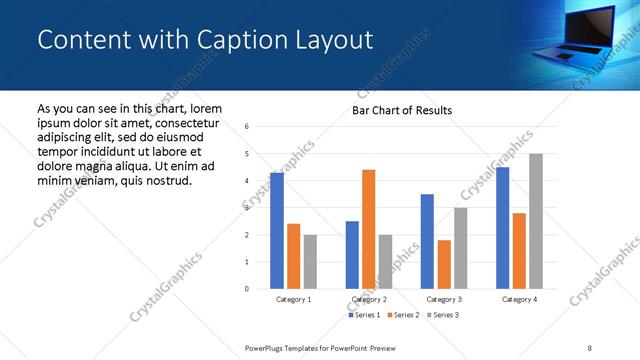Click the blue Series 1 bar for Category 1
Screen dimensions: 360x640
click(x=277, y=231)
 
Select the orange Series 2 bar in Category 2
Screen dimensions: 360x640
click(x=368, y=229)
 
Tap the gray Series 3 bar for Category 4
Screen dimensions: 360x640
click(x=536, y=221)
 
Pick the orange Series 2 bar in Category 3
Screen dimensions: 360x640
click(x=444, y=264)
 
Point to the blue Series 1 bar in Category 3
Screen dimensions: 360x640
click(x=427, y=241)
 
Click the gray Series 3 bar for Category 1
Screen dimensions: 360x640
click(x=310, y=262)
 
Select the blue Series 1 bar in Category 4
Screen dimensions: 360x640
click(x=502, y=228)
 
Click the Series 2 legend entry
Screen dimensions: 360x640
click(x=402, y=315)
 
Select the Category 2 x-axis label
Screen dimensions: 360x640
click(x=368, y=299)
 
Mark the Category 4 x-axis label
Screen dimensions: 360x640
click(x=519, y=299)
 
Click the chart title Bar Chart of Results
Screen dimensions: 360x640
click(x=402, y=110)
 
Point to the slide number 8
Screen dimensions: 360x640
click(x=590, y=347)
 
